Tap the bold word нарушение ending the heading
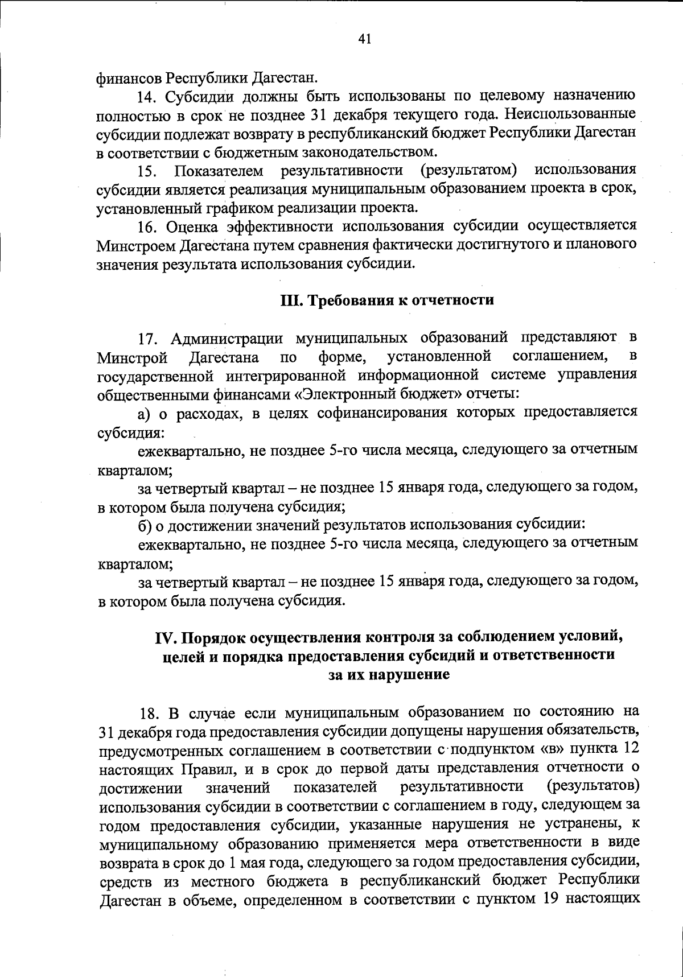pyautogui.click(x=414, y=674)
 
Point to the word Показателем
pyautogui.click(x=219, y=170)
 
